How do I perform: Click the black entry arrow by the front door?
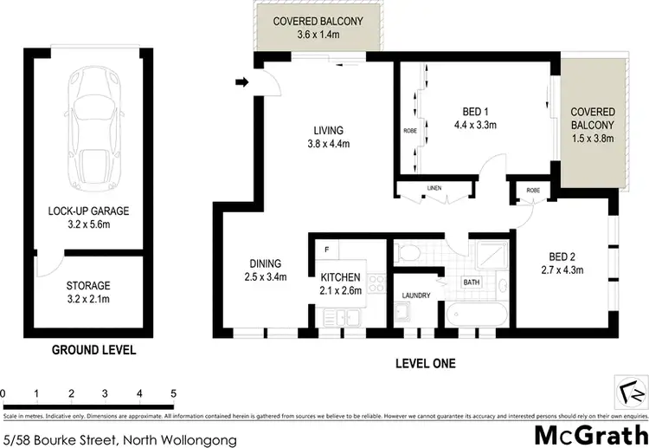tap(243, 83)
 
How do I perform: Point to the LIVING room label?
tap(328, 138)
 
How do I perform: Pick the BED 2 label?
tap(562, 263)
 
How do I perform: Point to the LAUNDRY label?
tap(416, 295)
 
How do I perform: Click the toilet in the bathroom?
tap(407, 253)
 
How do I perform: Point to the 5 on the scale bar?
tap(174, 394)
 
